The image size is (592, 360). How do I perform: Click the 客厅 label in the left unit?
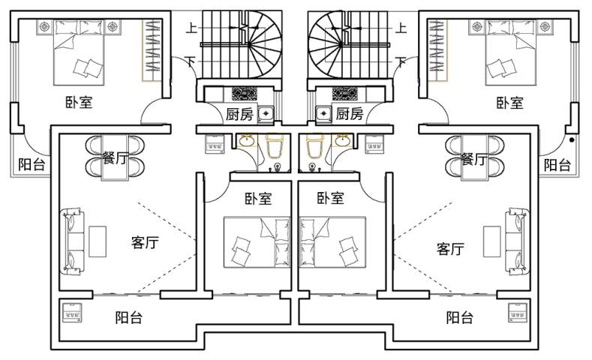(144, 242)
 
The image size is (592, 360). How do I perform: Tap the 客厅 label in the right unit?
(449, 248)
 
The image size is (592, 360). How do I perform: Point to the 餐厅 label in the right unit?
(473, 159)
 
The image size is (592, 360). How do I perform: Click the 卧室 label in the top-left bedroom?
(79, 103)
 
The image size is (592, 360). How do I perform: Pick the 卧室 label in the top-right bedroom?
(509, 103)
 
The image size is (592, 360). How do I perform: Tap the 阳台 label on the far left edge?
(31, 165)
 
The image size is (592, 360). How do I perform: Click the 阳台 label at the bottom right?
(460, 318)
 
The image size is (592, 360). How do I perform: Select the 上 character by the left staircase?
(191, 29)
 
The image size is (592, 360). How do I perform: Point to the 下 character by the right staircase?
(401, 61)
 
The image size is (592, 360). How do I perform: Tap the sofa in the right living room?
(517, 240)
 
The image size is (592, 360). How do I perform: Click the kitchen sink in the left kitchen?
(266, 115)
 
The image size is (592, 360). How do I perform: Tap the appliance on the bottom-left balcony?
(71, 312)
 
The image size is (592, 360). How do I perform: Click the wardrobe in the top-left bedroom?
(152, 50)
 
